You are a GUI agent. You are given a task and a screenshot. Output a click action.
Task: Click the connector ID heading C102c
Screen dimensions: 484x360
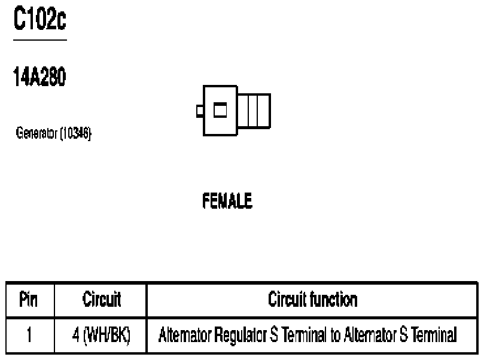(x=40, y=19)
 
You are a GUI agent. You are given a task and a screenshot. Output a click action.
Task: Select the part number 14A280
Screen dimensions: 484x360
(x=39, y=77)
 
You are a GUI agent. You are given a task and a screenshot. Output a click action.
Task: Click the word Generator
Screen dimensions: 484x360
(x=36, y=133)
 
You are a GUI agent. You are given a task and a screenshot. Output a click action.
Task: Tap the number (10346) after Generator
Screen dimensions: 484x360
(x=75, y=133)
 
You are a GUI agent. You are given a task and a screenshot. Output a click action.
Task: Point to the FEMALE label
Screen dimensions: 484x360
(x=227, y=200)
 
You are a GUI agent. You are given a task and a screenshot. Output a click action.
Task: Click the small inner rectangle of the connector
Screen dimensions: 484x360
(x=220, y=110)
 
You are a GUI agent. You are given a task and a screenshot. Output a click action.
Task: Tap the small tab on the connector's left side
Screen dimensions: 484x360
(x=200, y=111)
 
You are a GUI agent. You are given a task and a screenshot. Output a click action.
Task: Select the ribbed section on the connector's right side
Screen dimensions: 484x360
(x=254, y=111)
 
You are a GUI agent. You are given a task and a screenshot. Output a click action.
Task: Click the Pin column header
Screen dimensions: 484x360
(x=28, y=299)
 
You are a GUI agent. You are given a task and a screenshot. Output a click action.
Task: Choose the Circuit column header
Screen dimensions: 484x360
(x=102, y=299)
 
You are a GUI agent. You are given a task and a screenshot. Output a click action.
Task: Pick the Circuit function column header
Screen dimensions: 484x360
(x=313, y=299)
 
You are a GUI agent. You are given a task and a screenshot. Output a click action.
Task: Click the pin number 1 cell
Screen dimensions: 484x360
(x=29, y=335)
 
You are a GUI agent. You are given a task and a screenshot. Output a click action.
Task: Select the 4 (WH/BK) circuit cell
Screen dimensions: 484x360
(x=101, y=335)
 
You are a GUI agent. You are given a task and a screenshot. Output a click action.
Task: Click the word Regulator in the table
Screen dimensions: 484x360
(x=240, y=335)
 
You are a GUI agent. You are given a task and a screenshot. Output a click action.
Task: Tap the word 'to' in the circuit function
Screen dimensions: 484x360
(x=336, y=335)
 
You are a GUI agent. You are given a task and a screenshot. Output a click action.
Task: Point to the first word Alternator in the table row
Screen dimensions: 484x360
(x=185, y=335)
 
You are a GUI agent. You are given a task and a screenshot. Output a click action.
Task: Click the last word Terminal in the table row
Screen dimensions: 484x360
(x=434, y=335)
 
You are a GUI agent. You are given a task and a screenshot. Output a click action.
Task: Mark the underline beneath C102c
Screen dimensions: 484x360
(x=40, y=40)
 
